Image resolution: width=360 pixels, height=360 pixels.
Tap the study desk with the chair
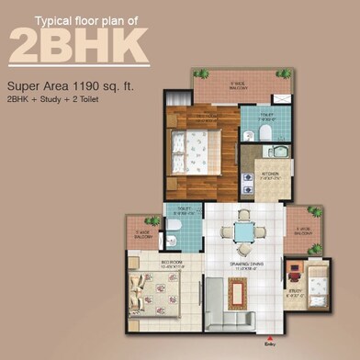[x=294, y=272]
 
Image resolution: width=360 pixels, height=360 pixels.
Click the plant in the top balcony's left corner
[x=198, y=73]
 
